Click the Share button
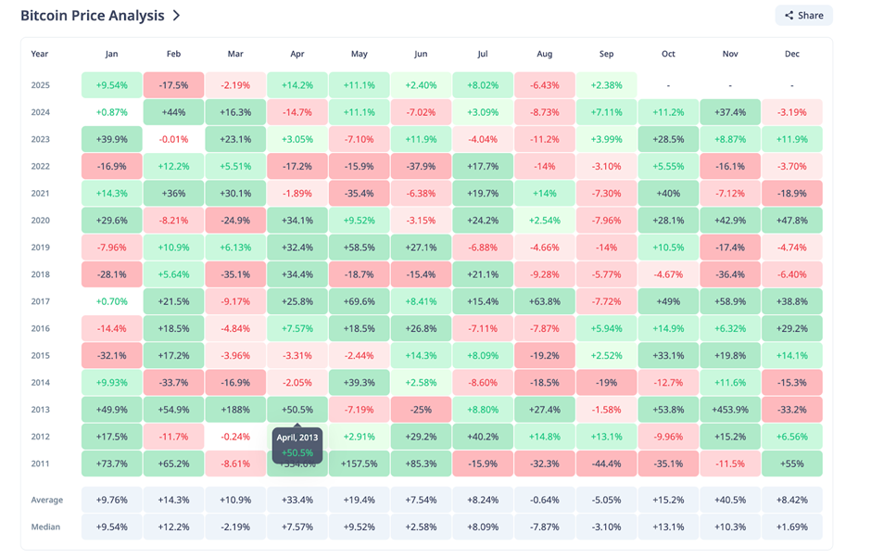pos(803,15)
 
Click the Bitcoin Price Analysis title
pos(92,16)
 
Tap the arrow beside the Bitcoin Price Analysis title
pos(176,16)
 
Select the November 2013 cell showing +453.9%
pos(730,410)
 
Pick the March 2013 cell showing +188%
pos(235,410)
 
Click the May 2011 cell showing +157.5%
pos(359,464)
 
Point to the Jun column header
pos(421,54)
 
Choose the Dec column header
pos(791,54)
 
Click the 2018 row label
pos(40,274)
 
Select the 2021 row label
pos(40,194)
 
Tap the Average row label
pos(47,500)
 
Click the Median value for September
pos(606,527)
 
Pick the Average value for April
pos(297,500)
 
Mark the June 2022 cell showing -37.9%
pos(421,167)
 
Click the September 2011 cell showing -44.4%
pos(606,464)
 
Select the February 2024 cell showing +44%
pos(173,112)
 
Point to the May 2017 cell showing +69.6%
pos(359,302)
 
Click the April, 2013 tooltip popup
pos(297,444)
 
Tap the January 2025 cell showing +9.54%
pos(112,85)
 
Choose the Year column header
pos(40,54)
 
